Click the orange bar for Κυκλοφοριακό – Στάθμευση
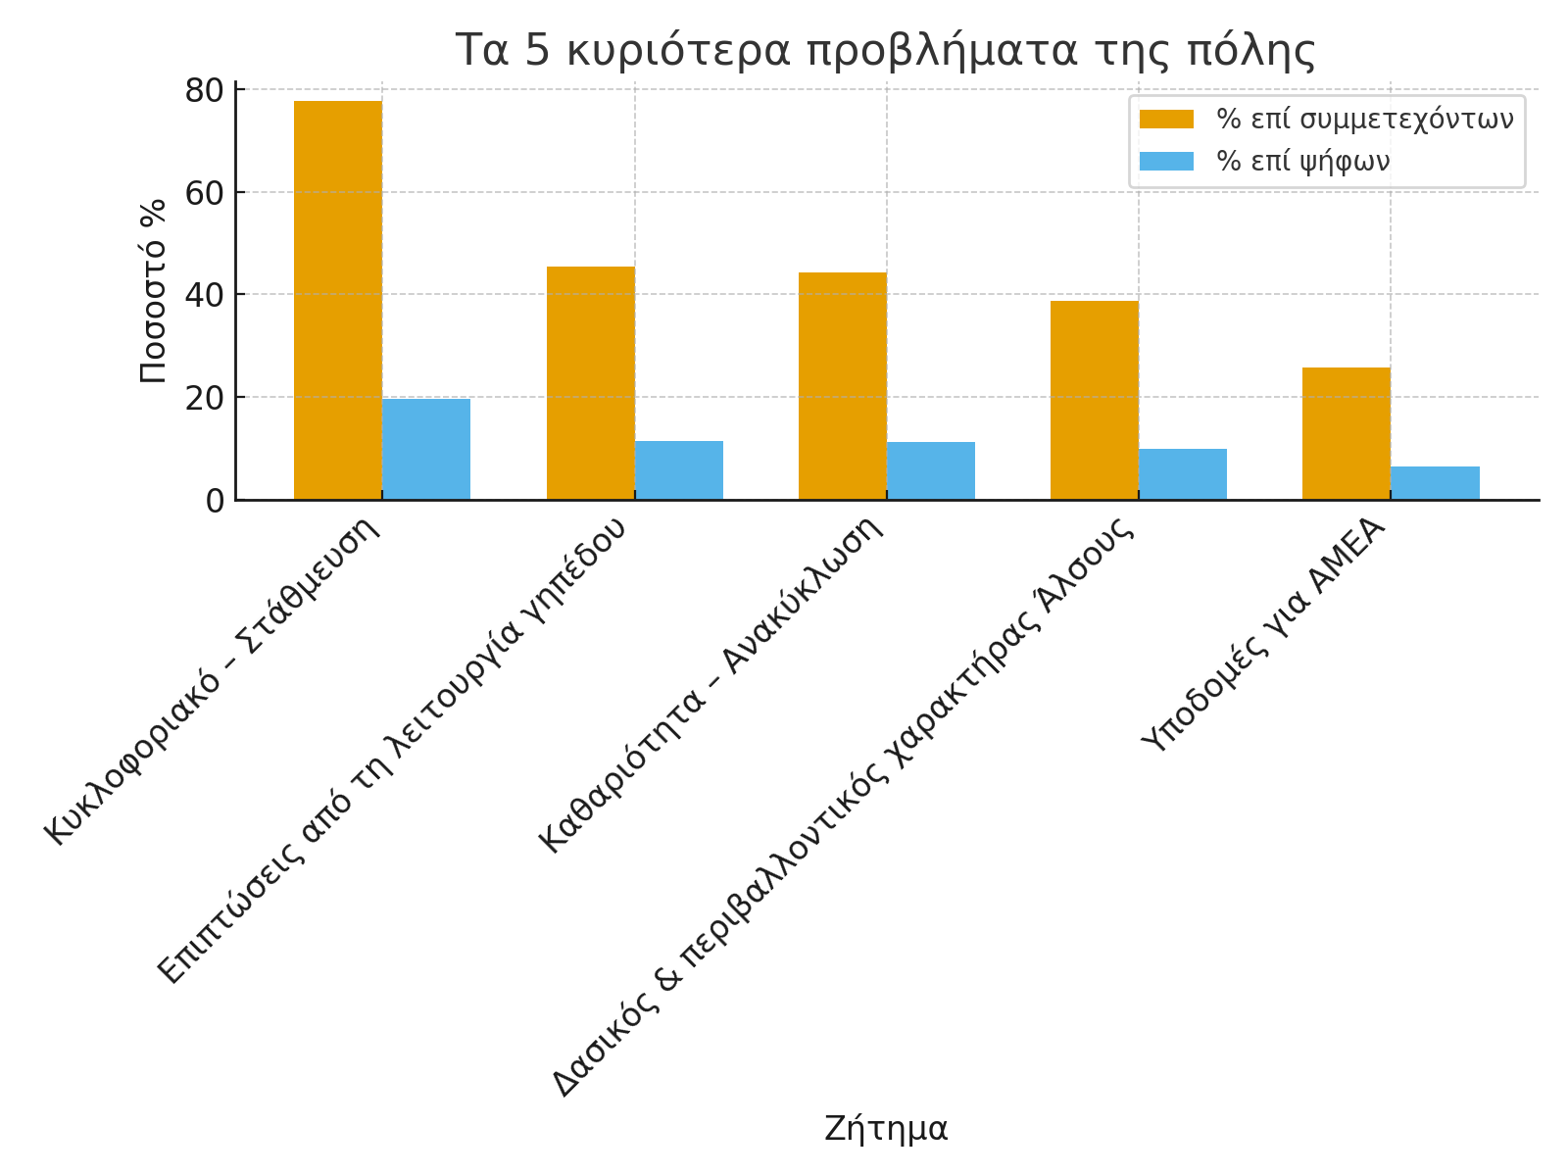338,300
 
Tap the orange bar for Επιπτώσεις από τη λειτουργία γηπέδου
590,383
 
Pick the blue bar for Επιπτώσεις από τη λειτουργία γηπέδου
678,470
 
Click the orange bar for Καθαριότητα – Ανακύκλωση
842,386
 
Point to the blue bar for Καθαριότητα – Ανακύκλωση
930,471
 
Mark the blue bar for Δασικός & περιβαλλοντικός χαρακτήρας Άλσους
1182,474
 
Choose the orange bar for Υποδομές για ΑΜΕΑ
1346,433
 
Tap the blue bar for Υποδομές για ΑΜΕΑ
1435,483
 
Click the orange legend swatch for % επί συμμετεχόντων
1166,120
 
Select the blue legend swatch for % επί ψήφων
1166,162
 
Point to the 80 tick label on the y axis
204,90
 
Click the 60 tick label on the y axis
204,192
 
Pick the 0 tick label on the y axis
215,500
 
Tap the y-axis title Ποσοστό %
153,291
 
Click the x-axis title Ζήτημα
886,1129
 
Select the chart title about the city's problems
886,51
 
